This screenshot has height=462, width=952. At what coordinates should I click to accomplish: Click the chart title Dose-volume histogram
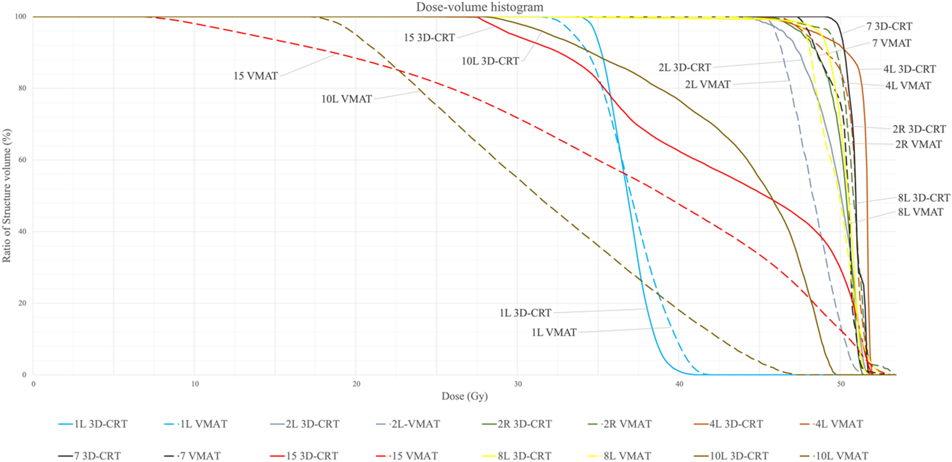[479, 7]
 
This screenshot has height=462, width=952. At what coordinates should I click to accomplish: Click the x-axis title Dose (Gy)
[465, 396]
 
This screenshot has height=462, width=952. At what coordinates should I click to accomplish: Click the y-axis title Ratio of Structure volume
[7, 195]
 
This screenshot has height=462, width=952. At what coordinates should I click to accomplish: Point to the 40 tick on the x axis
[679, 384]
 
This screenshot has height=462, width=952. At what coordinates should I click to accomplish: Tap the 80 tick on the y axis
[22, 88]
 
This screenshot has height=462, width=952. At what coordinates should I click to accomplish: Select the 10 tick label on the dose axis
[195, 384]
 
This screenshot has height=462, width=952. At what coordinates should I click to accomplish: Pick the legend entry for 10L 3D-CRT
[739, 456]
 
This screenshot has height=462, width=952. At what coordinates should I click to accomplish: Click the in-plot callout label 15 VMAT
[256, 76]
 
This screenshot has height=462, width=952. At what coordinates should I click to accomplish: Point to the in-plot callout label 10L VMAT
[347, 99]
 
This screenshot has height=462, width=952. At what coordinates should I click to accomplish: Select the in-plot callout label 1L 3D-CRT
[525, 313]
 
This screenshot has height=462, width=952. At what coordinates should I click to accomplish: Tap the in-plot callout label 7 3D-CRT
[889, 26]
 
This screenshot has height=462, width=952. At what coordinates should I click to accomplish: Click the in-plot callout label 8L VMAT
[921, 212]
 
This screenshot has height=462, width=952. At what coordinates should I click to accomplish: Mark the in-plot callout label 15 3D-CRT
[429, 38]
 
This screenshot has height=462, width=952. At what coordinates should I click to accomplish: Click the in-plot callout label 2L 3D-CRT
[684, 68]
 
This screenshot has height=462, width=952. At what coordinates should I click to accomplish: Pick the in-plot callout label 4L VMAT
[908, 86]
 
